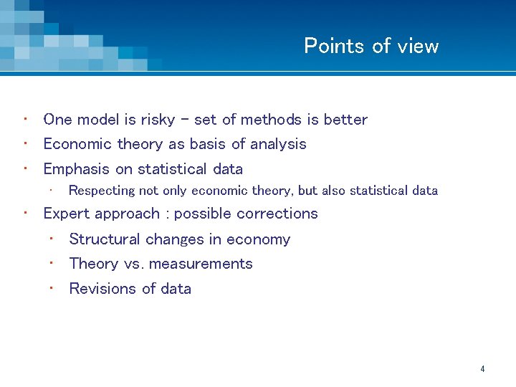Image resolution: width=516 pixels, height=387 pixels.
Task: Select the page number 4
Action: coord(482,369)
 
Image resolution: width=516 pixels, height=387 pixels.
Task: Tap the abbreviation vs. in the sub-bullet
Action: coord(134,264)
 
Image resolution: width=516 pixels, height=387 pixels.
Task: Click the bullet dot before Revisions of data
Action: coord(52,287)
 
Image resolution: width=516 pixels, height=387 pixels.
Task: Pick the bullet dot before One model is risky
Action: coord(25,118)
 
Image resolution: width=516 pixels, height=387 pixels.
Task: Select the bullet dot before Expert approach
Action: coord(25,212)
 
